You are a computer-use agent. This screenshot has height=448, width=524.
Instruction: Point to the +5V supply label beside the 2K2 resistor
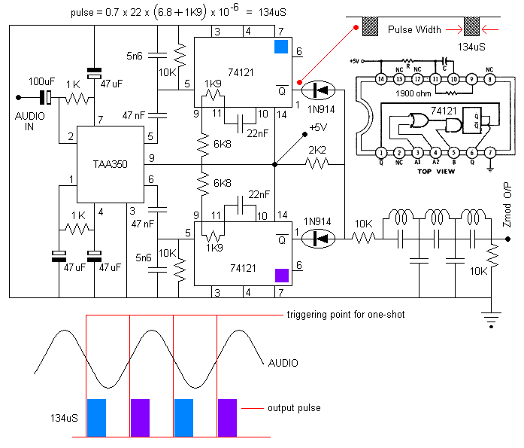(x=317, y=128)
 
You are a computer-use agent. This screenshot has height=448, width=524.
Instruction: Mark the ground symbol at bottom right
(x=492, y=321)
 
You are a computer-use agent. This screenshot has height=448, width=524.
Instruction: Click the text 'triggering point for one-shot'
(x=345, y=314)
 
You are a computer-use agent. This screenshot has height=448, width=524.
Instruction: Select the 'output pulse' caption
(x=293, y=408)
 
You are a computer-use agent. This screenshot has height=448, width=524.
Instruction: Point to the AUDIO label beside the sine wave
(x=283, y=363)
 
